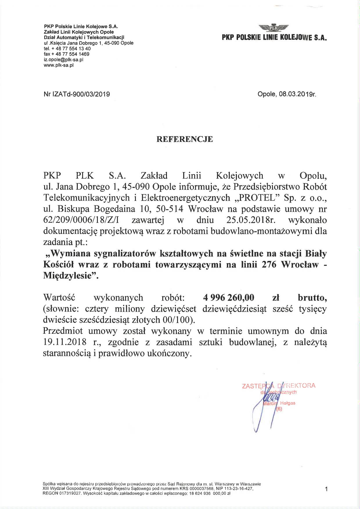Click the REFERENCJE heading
click(x=185, y=139)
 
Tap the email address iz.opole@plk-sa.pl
click(x=64, y=59)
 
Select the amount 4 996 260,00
click(x=229, y=297)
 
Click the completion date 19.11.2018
click(x=64, y=342)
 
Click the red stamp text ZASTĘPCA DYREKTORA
click(x=278, y=386)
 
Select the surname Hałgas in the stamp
click(x=287, y=403)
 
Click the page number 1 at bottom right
click(x=327, y=489)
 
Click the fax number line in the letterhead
click(x=66, y=54)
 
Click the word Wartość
click(x=59, y=297)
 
